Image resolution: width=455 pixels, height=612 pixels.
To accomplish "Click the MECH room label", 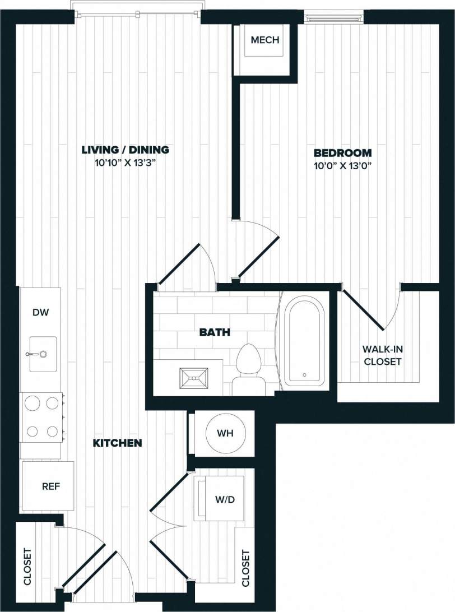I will pos(264,40).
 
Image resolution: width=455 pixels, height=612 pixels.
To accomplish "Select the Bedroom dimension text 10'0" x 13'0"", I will pos(342,166).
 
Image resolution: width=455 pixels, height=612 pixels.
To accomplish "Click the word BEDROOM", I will pos(342,152).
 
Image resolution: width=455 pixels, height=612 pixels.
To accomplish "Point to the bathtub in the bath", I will pos(303,341).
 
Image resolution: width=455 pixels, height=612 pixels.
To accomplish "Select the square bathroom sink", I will pos(193,379).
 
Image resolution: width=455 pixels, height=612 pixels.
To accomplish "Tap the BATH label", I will pos(215,332).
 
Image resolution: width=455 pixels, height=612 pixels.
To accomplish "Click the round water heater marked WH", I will pos(222,433).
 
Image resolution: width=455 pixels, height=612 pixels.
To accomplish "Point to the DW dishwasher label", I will pos(40,313).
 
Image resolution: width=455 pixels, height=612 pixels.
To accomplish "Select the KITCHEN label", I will pos(117,443).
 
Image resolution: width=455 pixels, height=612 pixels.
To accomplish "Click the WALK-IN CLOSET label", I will pos(383,355).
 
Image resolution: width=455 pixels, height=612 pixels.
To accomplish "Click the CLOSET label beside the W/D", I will pos(245,568).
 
